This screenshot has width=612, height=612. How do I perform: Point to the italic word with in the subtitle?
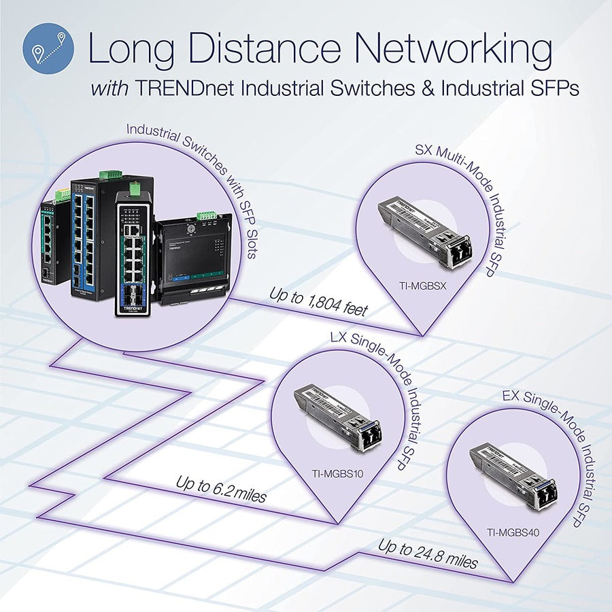112,88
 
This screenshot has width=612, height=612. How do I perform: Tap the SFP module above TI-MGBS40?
513,476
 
